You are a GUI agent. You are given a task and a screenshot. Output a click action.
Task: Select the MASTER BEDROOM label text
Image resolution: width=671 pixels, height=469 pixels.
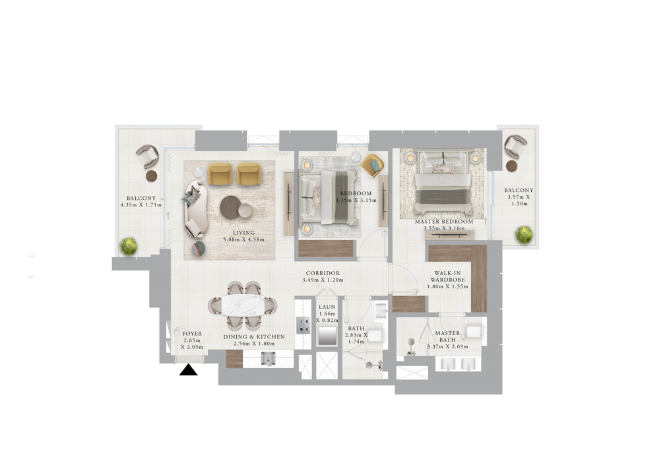pos(443,222)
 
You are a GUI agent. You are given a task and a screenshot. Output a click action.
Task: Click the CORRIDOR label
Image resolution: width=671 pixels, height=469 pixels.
pos(323,273)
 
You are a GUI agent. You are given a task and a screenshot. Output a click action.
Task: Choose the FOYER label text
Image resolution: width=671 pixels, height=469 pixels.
pos(192,334)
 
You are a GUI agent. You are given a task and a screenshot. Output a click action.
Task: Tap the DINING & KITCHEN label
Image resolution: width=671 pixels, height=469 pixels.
pos(254,337)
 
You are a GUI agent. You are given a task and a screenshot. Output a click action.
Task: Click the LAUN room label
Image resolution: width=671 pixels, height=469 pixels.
pos(327,307)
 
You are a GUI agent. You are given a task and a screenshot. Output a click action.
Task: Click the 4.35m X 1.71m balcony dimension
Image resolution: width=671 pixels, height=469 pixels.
pos(141,205)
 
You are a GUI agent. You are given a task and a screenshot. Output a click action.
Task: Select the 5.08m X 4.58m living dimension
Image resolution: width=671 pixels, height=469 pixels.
pos(243,239)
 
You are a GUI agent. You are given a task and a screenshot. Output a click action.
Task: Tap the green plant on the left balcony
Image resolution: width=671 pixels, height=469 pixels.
pos(128,247)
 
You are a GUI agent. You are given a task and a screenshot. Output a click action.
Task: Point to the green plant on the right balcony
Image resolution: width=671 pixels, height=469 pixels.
pos(524,234)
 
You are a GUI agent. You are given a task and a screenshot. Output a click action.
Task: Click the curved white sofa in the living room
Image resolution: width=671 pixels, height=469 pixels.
pos(196,209)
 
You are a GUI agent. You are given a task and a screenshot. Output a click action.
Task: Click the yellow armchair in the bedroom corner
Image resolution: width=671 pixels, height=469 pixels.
pos(372,164)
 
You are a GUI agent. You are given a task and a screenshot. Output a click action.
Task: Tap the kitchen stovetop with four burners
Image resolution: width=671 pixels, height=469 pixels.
pos(304,325)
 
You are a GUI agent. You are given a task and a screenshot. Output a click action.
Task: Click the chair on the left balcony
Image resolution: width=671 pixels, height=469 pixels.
pos(148,157)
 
